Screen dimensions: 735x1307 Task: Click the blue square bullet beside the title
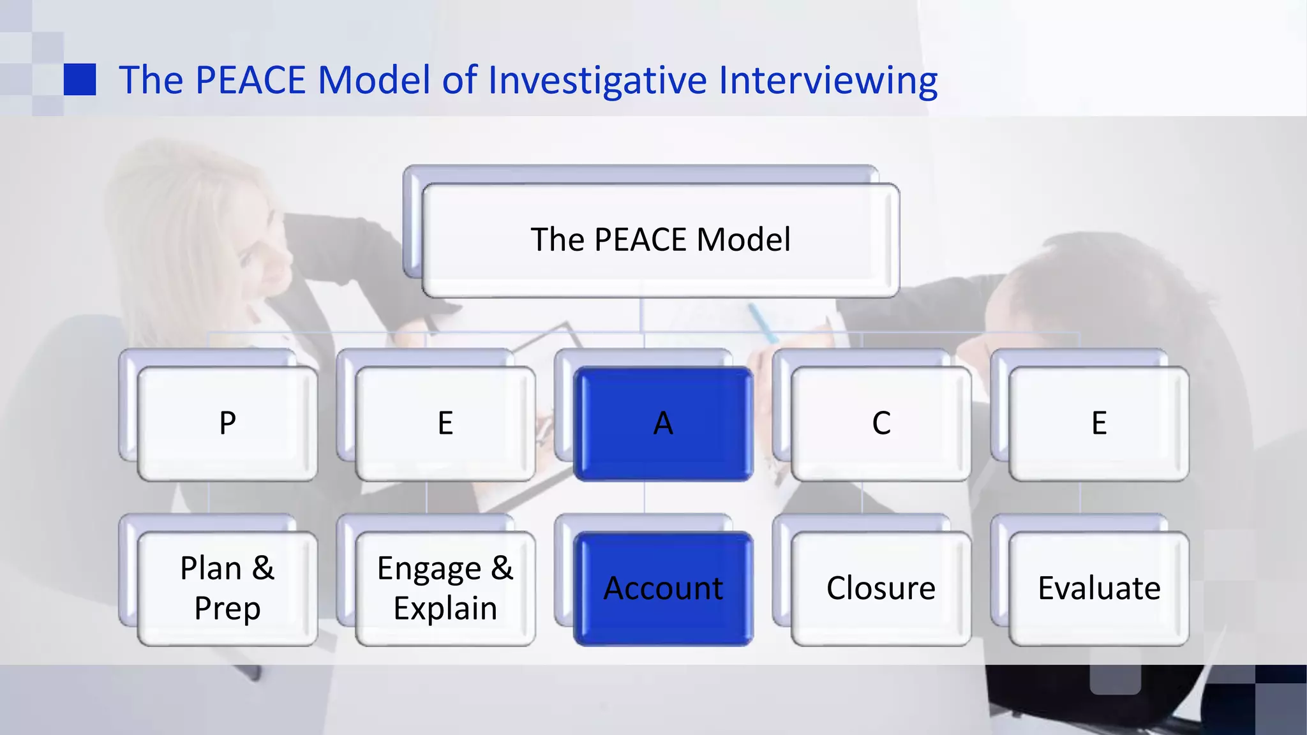[x=80, y=80]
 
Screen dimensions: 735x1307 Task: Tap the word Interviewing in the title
[x=828, y=80]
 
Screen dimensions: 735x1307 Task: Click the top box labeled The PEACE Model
[x=661, y=240]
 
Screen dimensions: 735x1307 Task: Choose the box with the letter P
[x=227, y=424]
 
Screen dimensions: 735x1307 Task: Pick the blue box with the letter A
[x=663, y=424]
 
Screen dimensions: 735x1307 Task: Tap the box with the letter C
[x=881, y=424]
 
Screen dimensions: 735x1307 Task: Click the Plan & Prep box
[x=227, y=588]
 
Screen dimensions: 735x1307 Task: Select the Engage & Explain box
[x=445, y=588]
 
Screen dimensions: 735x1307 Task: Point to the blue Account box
[x=663, y=588]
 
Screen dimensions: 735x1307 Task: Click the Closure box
[x=881, y=588]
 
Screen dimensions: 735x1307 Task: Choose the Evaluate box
[x=1098, y=588]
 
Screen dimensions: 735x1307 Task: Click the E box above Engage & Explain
[x=445, y=424]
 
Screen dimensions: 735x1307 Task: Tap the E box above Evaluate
[x=1098, y=424]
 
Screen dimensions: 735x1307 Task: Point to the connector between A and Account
[x=645, y=497]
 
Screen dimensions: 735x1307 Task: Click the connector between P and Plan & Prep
[x=209, y=497]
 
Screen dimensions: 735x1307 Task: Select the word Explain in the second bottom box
[x=445, y=608]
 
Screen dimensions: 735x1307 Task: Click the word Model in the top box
[x=743, y=240]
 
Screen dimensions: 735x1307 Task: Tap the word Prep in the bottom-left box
[x=227, y=608]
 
